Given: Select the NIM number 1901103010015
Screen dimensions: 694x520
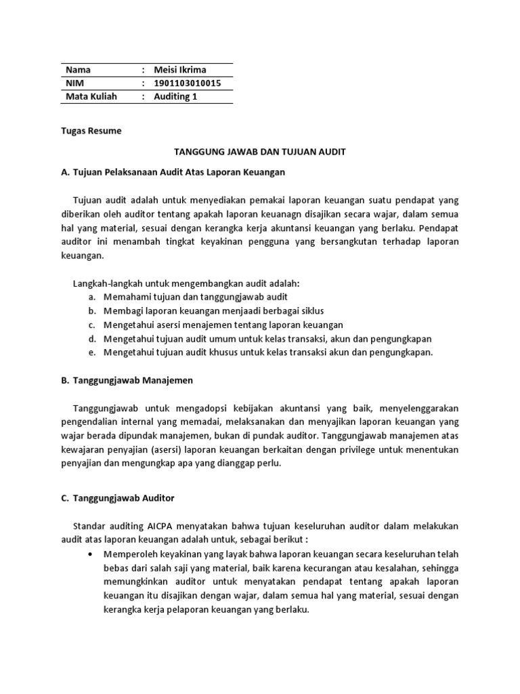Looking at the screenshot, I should tap(188, 83).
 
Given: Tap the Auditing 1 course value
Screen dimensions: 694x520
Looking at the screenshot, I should tap(175, 96).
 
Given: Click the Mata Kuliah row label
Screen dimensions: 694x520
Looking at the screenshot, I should tap(91, 96).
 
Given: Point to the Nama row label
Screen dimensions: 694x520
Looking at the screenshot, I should tap(78, 70).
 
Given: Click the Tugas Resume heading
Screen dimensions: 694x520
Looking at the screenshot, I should tap(91, 131).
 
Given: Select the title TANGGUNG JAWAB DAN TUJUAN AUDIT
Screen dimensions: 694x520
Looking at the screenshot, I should tap(260, 152).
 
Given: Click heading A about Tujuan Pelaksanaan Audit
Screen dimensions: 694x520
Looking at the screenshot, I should tap(173, 172).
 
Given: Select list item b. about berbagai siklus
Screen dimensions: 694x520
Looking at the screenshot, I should tap(213, 310).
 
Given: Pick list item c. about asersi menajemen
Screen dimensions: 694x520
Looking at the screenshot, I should tap(223, 325).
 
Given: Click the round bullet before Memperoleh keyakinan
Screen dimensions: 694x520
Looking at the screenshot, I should tap(91, 554).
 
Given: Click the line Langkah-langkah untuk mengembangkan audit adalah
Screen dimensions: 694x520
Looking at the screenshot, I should tap(186, 282).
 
